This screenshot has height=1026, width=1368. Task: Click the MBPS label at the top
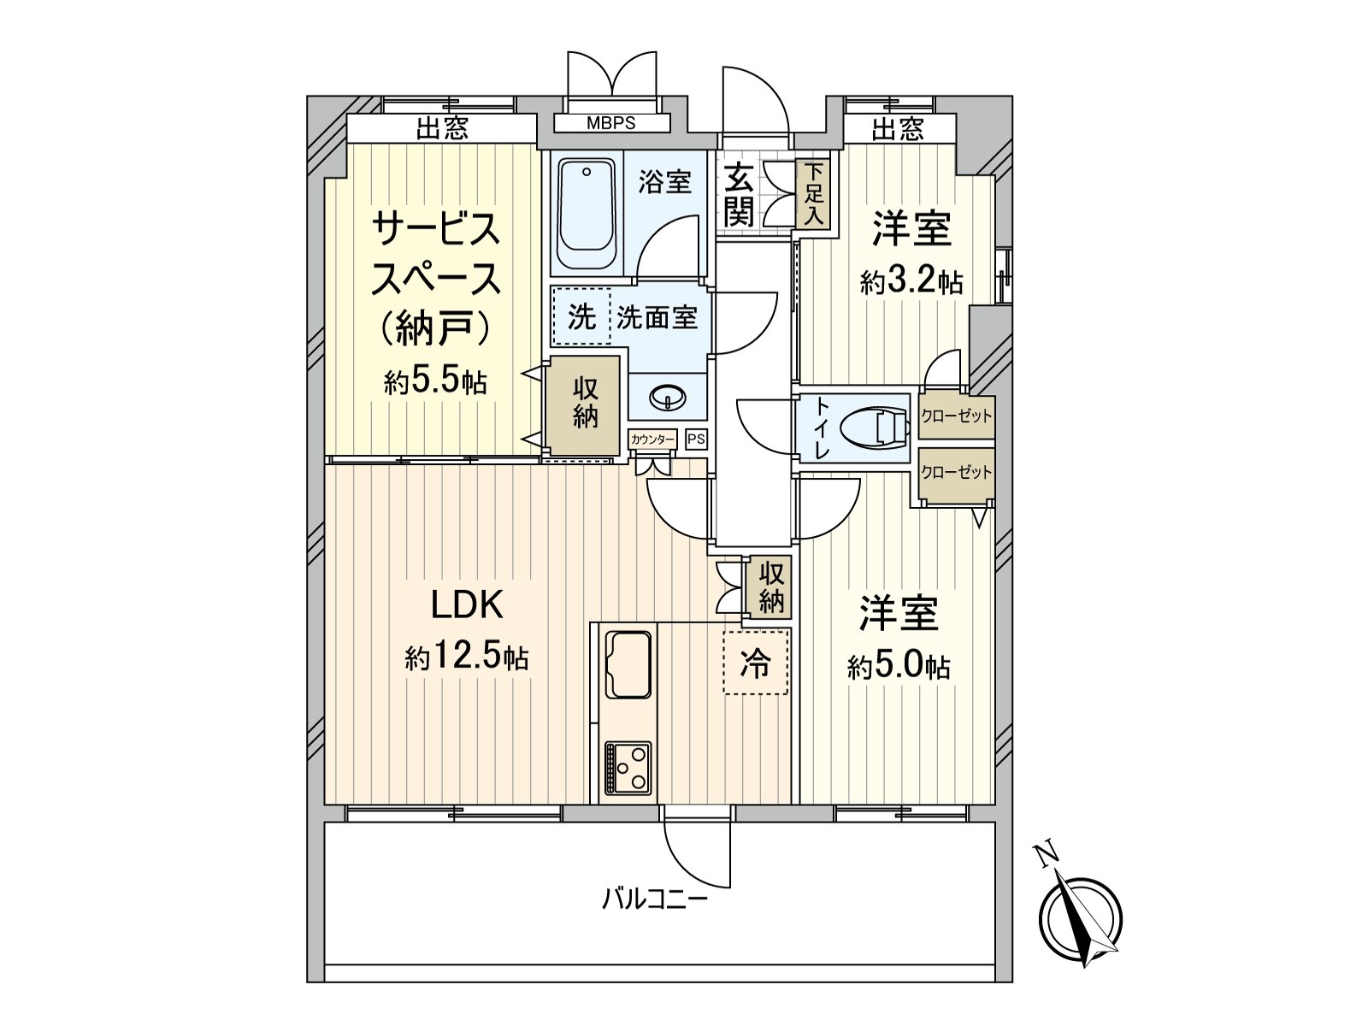610,123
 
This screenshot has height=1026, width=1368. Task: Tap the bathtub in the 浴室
587,214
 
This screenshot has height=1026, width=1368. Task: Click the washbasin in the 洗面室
667,396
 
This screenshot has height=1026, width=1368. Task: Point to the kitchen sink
628,665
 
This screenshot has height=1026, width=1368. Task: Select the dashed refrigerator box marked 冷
755,662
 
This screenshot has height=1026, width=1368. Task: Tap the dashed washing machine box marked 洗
582,315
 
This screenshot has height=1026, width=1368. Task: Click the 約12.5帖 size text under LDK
466,657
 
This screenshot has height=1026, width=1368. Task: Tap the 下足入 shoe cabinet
813,194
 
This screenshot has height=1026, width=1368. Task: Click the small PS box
696,439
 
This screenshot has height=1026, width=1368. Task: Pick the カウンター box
652,439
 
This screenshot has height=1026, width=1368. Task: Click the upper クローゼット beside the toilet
956,416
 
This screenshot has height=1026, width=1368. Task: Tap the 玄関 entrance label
740,194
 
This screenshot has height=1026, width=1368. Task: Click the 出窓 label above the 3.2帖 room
898,130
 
